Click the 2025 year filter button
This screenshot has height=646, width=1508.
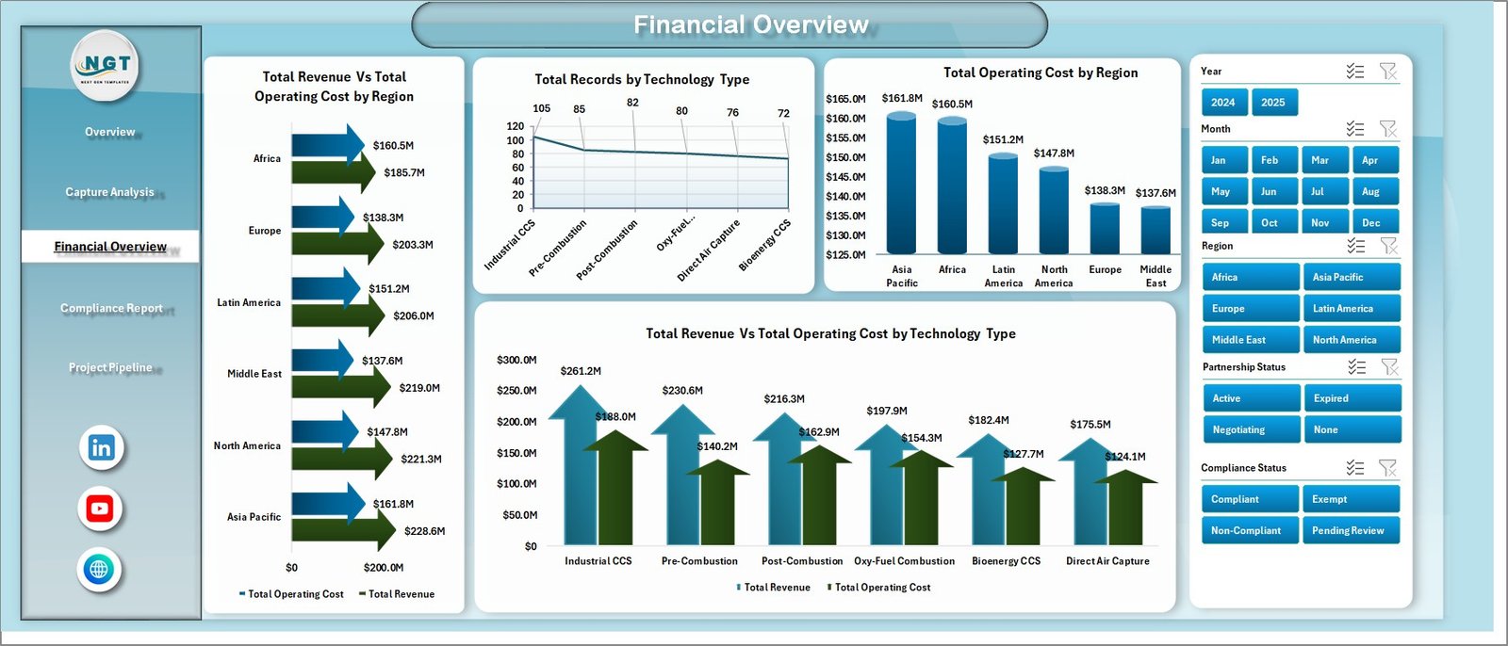pos(1273,103)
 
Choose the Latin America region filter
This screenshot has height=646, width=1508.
pos(1351,309)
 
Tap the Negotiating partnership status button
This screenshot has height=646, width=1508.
pos(1250,429)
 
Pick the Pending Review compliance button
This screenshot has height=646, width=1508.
pos(1351,530)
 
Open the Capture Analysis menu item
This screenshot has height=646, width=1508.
pos(109,192)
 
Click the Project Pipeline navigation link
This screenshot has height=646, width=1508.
pos(110,367)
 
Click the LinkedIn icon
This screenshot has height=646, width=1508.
pos(101,448)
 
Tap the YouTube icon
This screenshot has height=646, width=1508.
pos(100,509)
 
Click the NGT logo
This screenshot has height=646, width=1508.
pos(107,65)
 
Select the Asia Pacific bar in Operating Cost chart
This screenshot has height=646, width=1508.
pos(901,184)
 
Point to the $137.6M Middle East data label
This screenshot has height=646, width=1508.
pos(1156,193)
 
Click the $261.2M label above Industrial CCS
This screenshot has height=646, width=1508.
pos(580,371)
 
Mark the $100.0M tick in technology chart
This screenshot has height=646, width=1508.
pos(516,484)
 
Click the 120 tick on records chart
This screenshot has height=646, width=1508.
pos(515,126)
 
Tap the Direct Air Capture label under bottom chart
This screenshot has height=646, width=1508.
pos(1107,561)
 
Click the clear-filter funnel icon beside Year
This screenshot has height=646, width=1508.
pos(1387,72)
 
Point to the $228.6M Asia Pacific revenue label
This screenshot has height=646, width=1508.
pos(424,531)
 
